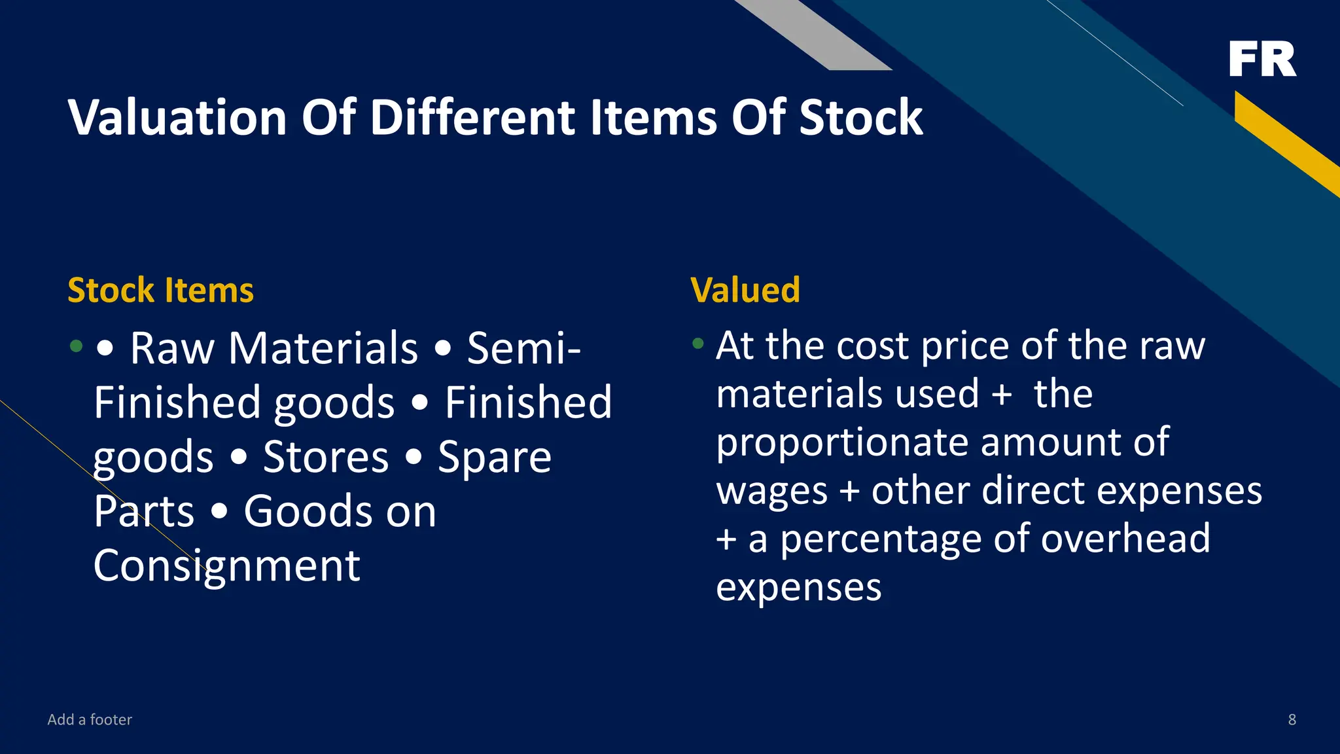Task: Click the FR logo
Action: tap(1262, 59)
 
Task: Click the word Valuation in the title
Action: tap(177, 118)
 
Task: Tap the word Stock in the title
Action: tap(860, 118)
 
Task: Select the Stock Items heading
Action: tap(160, 290)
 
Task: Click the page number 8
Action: tap(1292, 719)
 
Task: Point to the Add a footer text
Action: tap(90, 719)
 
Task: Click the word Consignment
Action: tap(226, 565)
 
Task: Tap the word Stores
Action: tap(326, 457)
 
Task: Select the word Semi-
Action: tap(523, 348)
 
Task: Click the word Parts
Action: tap(144, 511)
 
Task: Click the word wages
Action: tap(772, 492)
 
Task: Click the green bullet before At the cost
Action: tap(698, 343)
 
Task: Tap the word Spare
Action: tap(494, 457)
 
